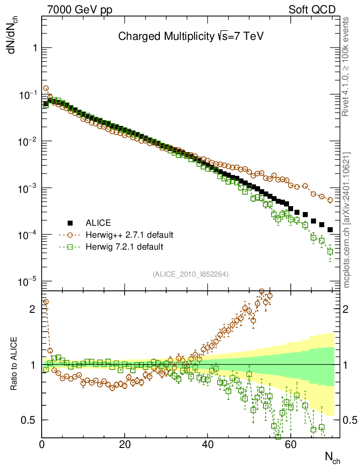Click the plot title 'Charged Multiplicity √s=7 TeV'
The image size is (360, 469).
(x=191, y=36)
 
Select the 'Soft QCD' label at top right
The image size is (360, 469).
(x=312, y=10)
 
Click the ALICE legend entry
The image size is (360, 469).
(x=98, y=224)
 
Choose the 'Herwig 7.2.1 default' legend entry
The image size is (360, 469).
(x=124, y=247)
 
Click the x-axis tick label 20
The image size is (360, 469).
(x=125, y=444)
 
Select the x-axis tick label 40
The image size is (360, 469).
(x=207, y=444)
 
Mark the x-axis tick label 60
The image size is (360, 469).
(x=290, y=444)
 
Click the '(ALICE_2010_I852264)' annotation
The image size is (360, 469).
(x=191, y=274)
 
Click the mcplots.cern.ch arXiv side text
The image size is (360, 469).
(x=346, y=220)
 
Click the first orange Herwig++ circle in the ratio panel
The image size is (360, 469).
(x=45, y=302)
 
